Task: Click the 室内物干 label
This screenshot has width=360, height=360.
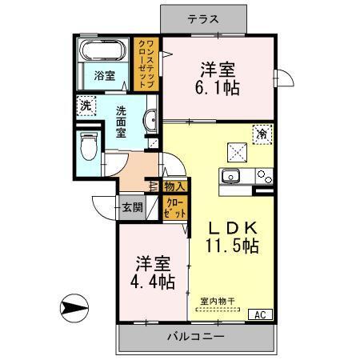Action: coord(218,302)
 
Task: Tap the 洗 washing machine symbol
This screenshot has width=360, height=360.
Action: coord(85,105)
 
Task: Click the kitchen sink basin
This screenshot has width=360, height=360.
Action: coord(233,178)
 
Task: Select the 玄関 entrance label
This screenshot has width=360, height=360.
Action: coord(132,208)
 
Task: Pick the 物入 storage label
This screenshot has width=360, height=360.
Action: coord(174,186)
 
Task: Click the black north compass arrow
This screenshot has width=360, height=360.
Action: coord(73,306)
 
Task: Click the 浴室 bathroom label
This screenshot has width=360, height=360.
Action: coord(103,77)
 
